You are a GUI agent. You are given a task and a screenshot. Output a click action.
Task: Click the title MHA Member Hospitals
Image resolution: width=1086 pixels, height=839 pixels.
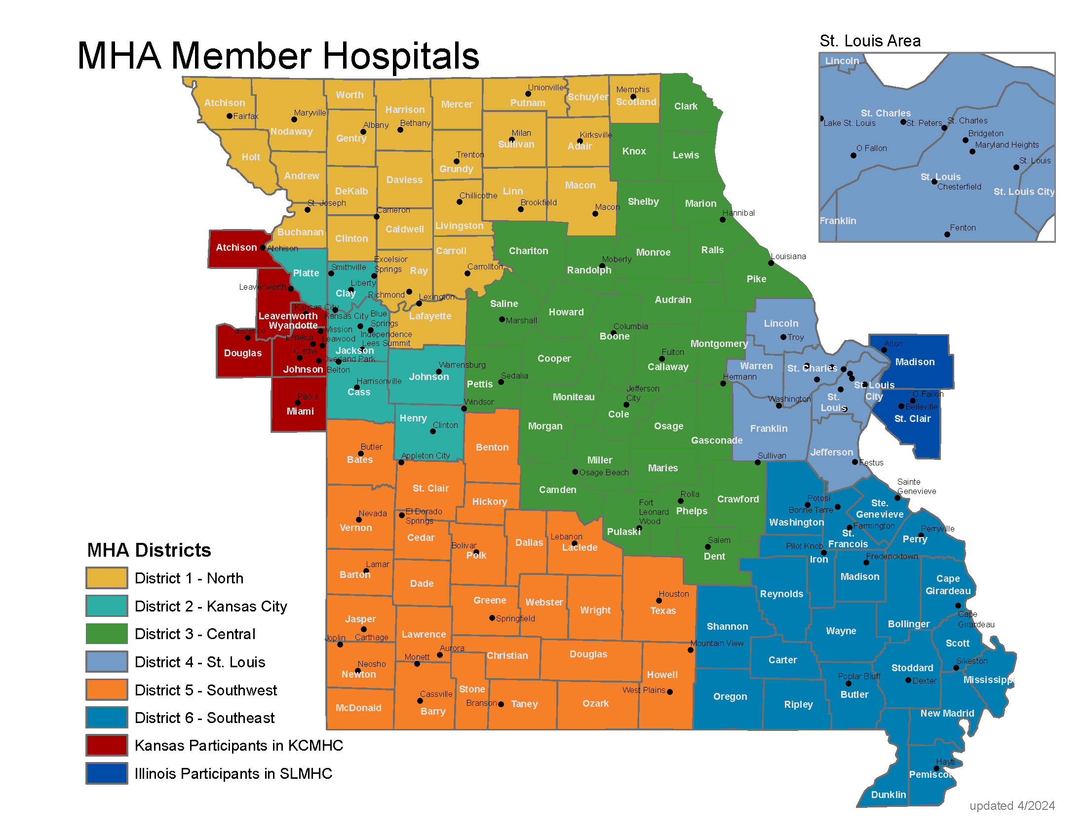click(x=278, y=56)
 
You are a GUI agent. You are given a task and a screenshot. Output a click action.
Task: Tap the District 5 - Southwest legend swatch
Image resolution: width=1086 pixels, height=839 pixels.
click(x=107, y=689)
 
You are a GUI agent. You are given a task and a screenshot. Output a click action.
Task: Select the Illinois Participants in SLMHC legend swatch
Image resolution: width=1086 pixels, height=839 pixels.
click(x=107, y=773)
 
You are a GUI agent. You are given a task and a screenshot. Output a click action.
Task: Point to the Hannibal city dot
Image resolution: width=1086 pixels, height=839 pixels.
click(x=723, y=219)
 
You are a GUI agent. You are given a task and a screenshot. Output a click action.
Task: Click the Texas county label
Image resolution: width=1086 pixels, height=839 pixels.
click(x=663, y=610)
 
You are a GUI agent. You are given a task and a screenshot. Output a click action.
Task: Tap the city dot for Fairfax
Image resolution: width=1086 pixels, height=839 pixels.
click(x=229, y=116)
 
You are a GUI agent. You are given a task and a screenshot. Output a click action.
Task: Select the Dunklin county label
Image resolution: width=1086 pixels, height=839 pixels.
click(x=888, y=794)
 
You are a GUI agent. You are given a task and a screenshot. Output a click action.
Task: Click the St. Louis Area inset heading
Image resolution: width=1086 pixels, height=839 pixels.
click(x=870, y=41)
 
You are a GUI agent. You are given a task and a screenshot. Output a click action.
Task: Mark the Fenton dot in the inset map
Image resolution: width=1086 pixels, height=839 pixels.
click(x=947, y=234)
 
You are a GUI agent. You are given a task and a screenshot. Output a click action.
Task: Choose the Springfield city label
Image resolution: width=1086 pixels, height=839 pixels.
click(x=515, y=618)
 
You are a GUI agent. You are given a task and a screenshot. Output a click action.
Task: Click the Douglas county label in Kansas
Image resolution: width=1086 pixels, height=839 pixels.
click(x=242, y=353)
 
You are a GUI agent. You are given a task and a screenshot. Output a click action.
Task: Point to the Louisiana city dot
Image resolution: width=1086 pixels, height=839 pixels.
click(x=771, y=263)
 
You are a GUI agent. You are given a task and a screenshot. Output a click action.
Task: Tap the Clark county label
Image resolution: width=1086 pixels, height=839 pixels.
click(x=686, y=107)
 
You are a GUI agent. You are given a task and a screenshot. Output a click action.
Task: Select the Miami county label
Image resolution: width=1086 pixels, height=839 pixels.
click(x=300, y=411)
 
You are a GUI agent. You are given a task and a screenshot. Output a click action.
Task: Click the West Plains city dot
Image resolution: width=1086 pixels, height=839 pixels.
click(x=669, y=691)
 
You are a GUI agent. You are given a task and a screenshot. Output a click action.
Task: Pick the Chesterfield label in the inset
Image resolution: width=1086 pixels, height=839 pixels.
click(x=959, y=187)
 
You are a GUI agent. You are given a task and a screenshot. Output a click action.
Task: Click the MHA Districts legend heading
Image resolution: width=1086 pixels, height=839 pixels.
click(x=149, y=550)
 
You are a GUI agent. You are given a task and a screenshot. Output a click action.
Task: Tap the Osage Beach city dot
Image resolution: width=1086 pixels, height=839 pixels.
click(x=575, y=472)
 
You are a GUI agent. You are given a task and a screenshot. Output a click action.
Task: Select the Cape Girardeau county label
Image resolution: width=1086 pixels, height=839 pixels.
click(x=948, y=584)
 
